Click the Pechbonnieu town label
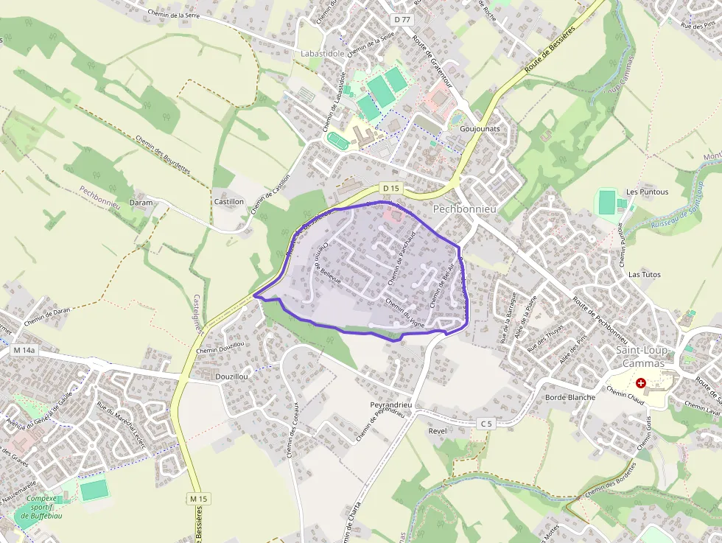tap(465, 209)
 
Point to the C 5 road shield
tap(484, 423)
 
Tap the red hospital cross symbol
tap(640, 383)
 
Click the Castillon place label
tap(228, 201)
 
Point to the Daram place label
tap(141, 203)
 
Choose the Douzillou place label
tap(231, 376)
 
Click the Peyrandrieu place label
tap(390, 405)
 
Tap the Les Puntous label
tap(647, 192)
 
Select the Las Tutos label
tap(644, 274)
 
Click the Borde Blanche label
tap(569, 397)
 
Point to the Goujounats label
tap(480, 128)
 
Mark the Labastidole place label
tap(323, 54)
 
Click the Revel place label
tap(438, 430)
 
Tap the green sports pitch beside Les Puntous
tap(607, 203)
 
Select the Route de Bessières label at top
tap(549, 46)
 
